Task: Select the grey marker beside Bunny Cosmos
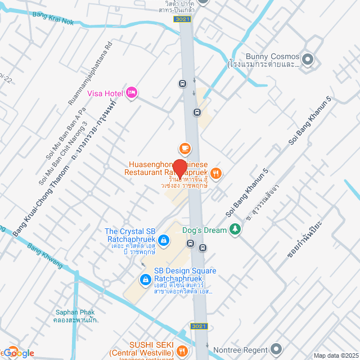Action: point(308,58)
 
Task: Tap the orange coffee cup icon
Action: point(184,148)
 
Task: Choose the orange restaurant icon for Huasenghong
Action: point(217,173)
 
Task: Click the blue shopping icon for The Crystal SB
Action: point(163,241)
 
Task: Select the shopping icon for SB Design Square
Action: point(144,278)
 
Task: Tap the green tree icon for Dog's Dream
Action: point(236,229)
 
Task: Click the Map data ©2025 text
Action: point(336,355)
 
